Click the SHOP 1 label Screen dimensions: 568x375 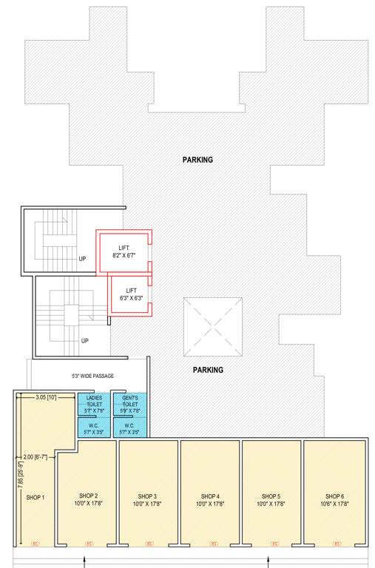[x=36, y=497]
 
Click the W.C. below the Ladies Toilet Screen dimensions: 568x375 [x=94, y=429]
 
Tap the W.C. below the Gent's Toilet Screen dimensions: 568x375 [x=129, y=429]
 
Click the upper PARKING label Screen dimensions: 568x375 [x=197, y=160]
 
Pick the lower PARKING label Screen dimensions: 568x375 [x=208, y=370]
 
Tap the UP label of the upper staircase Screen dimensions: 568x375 [x=83, y=260]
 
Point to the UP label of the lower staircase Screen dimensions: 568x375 [x=85, y=341]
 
